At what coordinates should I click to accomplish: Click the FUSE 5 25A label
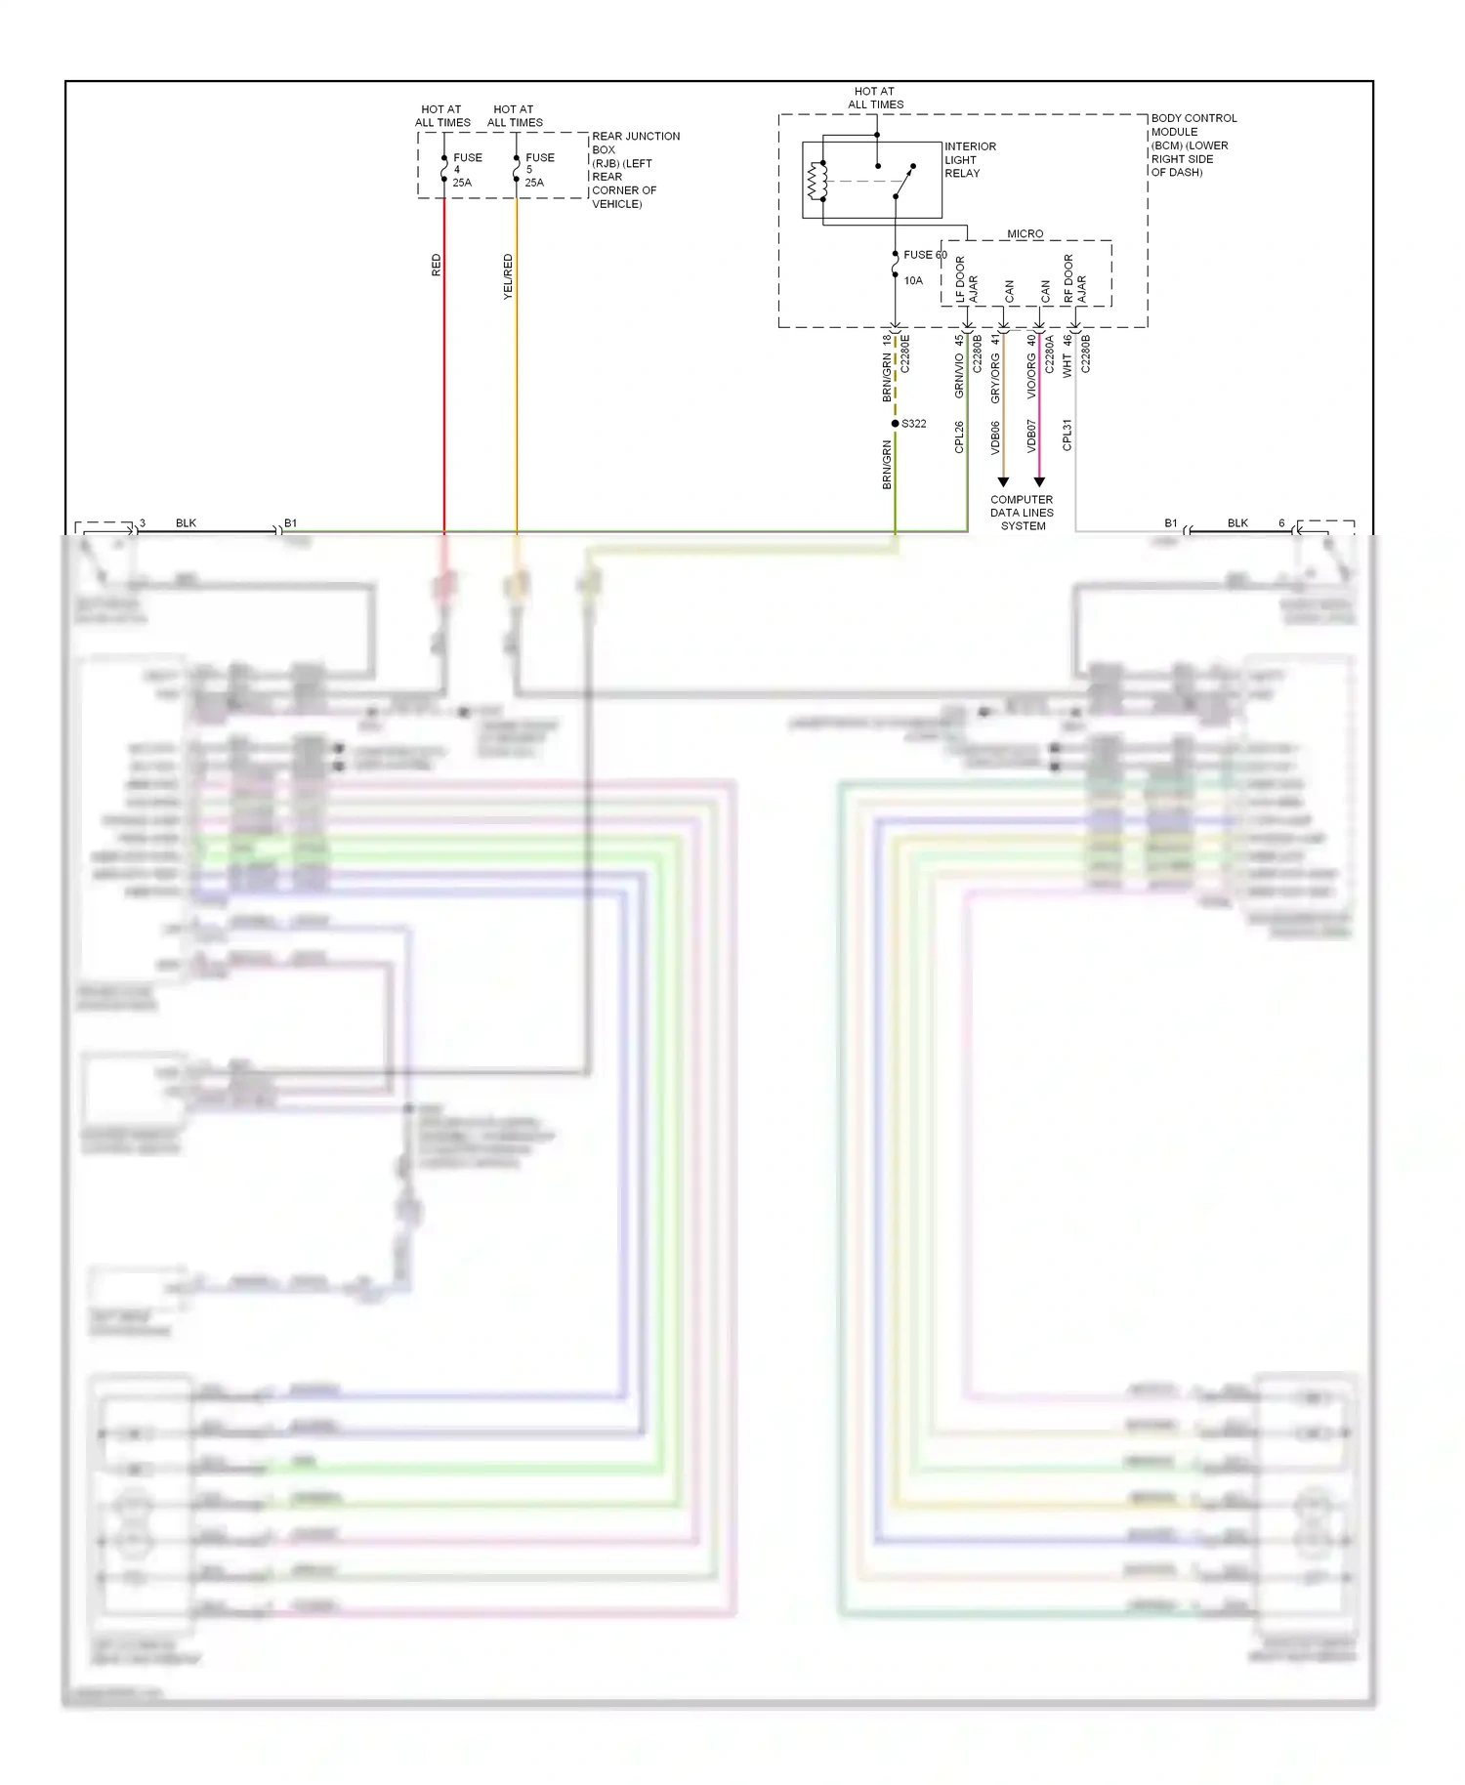point(538,170)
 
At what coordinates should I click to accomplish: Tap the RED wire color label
point(436,266)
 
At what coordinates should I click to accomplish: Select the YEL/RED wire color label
point(507,276)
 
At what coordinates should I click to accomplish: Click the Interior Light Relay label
point(969,160)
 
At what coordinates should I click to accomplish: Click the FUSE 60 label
point(924,255)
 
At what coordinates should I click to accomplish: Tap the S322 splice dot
point(895,424)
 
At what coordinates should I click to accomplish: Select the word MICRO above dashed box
point(1025,234)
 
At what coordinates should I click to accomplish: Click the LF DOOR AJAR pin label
point(966,280)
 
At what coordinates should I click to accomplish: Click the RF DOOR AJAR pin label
point(1074,279)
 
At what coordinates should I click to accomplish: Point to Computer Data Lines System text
point(1022,513)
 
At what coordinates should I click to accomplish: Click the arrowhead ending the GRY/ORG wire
point(1003,482)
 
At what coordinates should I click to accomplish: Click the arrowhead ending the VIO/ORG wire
point(1039,482)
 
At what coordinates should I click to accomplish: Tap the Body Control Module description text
point(1193,145)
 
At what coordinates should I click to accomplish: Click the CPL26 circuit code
point(959,436)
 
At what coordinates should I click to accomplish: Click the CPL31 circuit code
point(1067,435)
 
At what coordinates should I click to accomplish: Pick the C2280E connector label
point(904,353)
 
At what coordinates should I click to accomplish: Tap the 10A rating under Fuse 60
point(913,281)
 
